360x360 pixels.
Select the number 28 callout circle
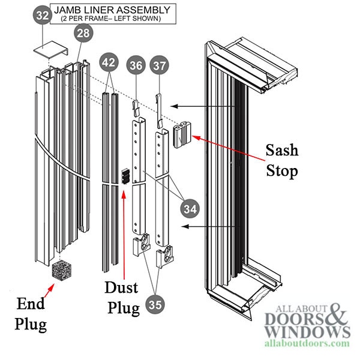click(83, 34)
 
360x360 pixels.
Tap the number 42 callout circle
click(108, 62)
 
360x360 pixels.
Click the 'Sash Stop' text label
click(282, 160)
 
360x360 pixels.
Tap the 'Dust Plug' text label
click(124, 297)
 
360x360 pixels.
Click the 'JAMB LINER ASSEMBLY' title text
click(113, 10)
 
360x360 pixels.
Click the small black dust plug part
click(125, 175)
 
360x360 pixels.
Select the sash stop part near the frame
click(181, 136)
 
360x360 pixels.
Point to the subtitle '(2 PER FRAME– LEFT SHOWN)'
click(113, 19)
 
